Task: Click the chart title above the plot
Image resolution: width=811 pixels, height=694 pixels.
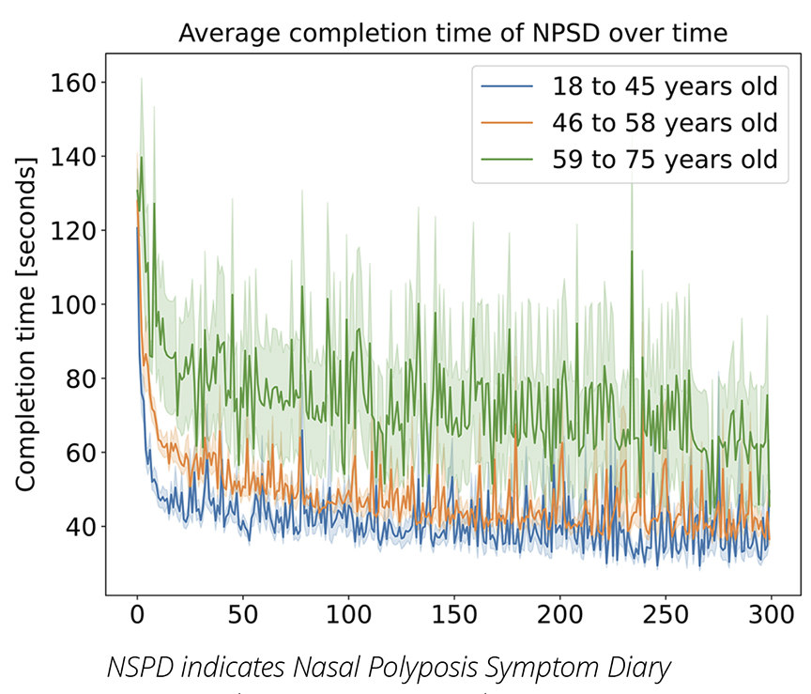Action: click(452, 35)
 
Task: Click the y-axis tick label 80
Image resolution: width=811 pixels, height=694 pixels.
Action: click(82, 378)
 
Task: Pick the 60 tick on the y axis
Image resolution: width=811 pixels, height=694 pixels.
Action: click(82, 453)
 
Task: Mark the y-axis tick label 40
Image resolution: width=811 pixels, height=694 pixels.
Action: click(82, 526)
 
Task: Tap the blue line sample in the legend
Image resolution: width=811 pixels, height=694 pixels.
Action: click(507, 88)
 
